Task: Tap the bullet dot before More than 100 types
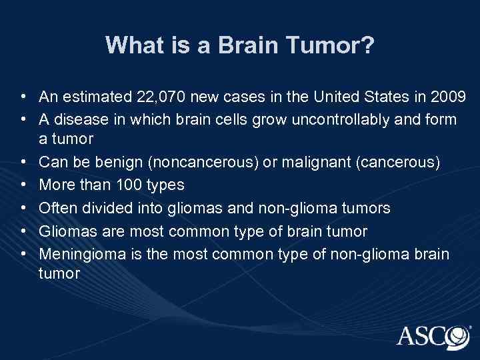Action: pyautogui.click(x=23, y=185)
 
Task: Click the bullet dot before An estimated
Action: pyautogui.click(x=23, y=98)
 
